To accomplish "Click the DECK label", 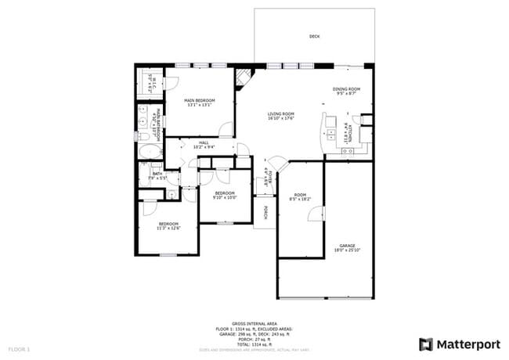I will pos(314,36).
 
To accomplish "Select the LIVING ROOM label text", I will pos(280,114).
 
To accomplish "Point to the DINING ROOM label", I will pos(346,89).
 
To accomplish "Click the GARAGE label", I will pos(348,246).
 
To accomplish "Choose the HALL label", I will pos(204,142).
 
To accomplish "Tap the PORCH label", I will pos(266,212).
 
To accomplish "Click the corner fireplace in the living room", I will pos(245,77).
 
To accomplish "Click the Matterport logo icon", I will pos(425,344).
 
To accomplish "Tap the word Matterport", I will pos(467,344).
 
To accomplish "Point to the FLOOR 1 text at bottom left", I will pos(19,347).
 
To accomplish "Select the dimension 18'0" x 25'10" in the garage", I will pos(348,250).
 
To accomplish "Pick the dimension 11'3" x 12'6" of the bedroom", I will pos(169,228).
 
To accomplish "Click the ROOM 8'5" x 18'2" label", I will pos(300,196).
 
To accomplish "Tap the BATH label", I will pos(157,174).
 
